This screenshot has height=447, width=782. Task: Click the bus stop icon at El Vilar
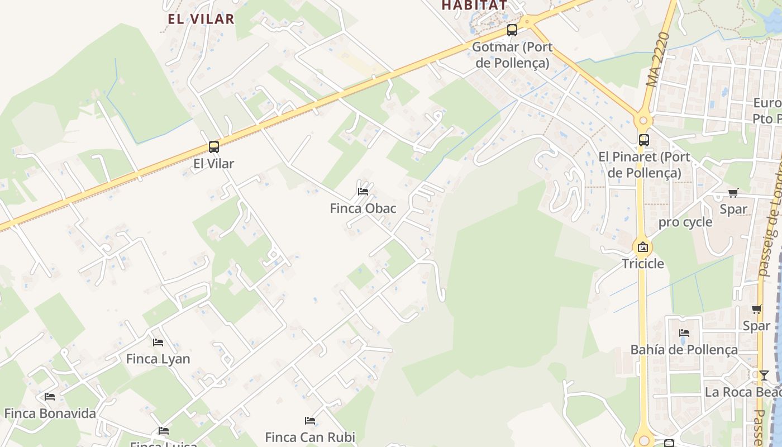pos(213,147)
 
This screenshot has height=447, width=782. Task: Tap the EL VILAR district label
pos(201,18)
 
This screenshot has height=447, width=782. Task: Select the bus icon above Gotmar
pos(512,30)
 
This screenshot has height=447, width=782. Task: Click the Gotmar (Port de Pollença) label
pos(512,55)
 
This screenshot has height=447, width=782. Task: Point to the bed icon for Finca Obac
pos(363,192)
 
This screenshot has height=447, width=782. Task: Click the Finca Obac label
pos(363,208)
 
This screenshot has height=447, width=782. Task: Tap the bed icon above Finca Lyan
pos(158,342)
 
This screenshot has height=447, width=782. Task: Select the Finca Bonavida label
pos(50,413)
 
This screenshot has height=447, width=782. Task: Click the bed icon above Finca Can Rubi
pos(310,420)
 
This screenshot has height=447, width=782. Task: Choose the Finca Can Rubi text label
pos(310,436)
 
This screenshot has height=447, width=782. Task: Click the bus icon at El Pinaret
pos(643,140)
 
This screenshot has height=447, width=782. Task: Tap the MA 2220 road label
pos(657,60)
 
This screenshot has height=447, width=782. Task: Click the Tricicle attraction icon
pos(643,247)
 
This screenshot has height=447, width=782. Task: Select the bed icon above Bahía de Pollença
pos(684,333)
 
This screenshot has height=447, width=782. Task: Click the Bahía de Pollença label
pos(684,350)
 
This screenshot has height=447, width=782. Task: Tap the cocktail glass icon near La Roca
pos(764,375)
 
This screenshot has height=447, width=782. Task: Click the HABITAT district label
pos(475,5)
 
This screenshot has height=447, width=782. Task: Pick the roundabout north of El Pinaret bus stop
pos(643,120)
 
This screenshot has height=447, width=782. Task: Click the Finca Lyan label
pos(158,359)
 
